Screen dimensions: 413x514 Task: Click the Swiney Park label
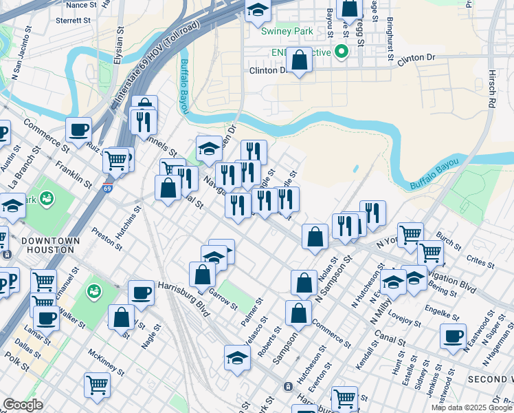click(287, 31)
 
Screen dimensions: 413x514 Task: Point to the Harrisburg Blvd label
click(183, 288)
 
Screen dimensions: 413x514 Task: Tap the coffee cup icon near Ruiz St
click(79, 129)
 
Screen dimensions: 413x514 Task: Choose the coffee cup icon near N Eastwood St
click(454, 335)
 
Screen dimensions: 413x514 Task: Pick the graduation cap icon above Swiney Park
click(258, 10)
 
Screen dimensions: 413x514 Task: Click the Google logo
click(23, 405)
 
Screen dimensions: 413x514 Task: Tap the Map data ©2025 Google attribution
click(471, 407)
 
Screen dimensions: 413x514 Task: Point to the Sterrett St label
click(74, 21)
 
